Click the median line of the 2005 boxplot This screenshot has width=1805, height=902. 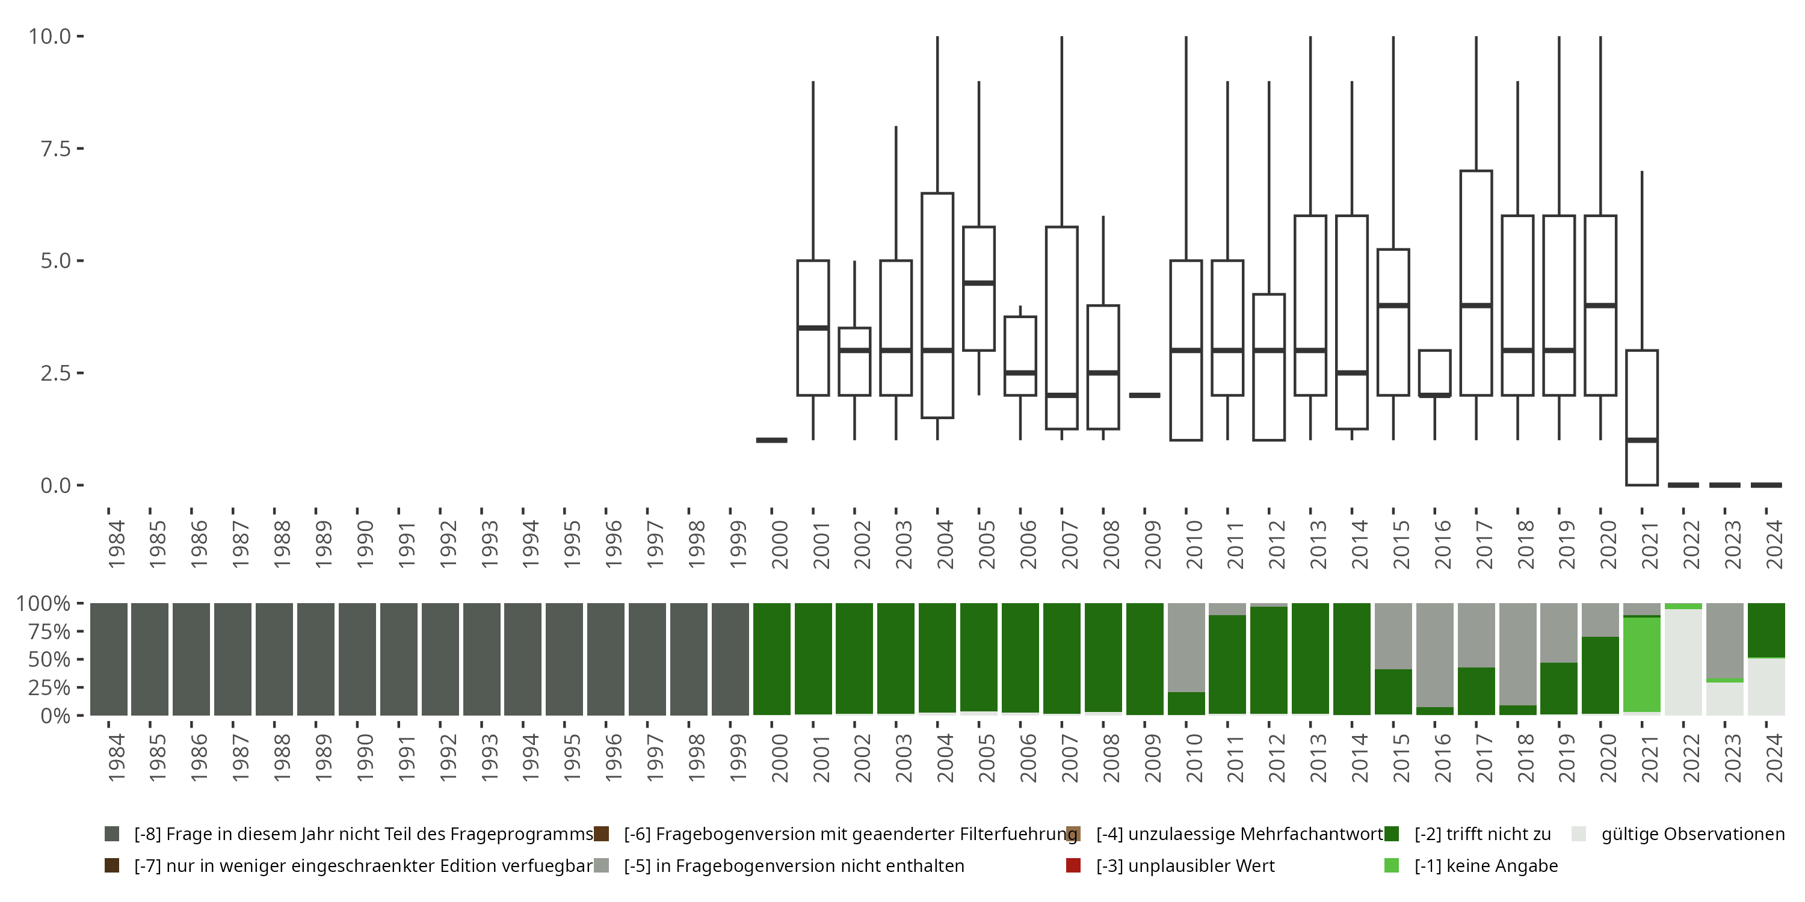pos(979,283)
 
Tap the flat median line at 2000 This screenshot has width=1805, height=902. pos(771,440)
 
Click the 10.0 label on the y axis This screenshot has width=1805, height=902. pos(50,37)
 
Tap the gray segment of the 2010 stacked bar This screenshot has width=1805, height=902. pos(1186,647)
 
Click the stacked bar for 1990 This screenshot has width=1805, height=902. pos(357,659)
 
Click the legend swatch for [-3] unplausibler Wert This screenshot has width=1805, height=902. pos(1073,865)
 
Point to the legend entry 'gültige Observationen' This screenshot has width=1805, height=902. pos(1692,834)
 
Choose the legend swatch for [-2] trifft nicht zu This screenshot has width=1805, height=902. pos(1392,834)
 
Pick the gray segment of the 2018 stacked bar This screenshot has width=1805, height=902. pos(1518,654)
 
